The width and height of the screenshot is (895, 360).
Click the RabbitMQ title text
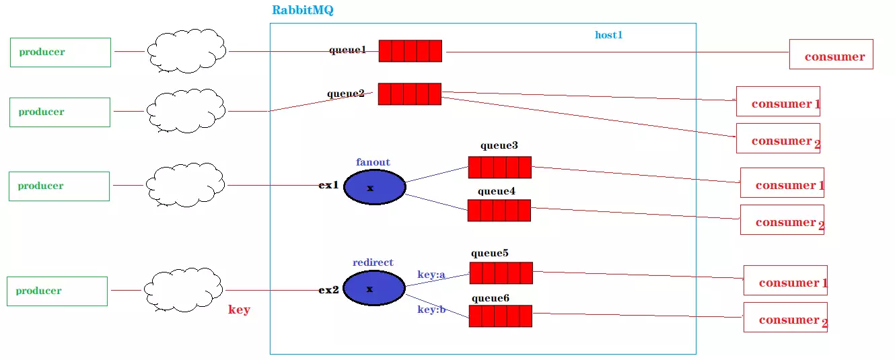coord(302,10)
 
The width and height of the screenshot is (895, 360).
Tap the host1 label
coord(608,35)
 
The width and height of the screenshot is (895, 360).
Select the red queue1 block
coord(410,50)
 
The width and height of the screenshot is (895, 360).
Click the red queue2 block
coord(410,94)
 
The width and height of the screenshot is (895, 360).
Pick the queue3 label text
coord(499,145)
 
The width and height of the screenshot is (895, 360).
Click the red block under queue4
coord(499,210)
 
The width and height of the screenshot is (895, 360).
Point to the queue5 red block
coord(501,273)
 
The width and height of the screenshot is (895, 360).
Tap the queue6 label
coord(491,299)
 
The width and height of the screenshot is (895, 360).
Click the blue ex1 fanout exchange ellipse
coord(374,187)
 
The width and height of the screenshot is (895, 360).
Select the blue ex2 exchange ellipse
coord(374,288)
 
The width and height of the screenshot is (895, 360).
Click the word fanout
coord(373,162)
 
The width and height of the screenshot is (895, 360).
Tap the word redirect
coord(373,262)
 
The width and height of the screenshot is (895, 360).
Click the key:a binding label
coord(431,275)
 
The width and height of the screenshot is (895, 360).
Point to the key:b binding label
coord(431,310)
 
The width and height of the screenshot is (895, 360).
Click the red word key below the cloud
coord(239,310)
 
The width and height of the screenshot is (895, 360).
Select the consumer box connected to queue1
coord(831,55)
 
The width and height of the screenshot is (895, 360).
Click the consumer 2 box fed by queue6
coord(785,317)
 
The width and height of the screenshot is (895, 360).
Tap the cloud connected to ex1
coord(185,185)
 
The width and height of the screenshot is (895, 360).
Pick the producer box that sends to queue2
coord(60,112)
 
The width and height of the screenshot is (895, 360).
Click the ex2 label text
coord(328,289)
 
